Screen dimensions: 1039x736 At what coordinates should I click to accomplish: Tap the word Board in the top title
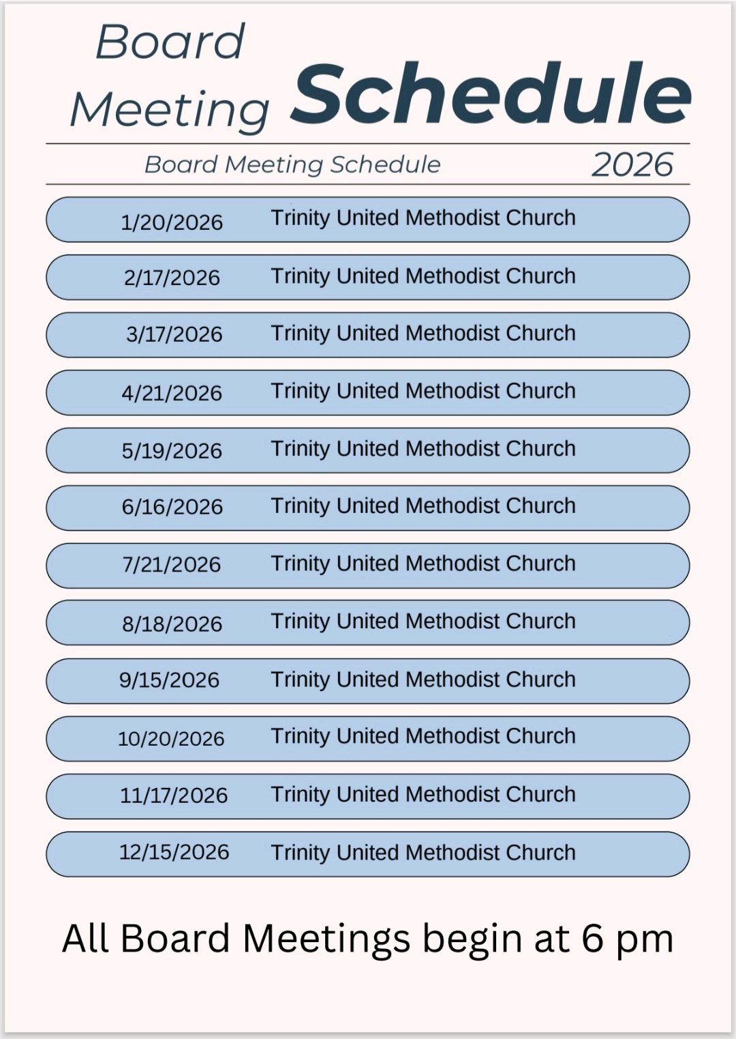tap(170, 42)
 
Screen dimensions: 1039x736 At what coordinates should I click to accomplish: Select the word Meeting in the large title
tap(170, 109)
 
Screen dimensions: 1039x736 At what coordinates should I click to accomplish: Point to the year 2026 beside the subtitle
tap(632, 165)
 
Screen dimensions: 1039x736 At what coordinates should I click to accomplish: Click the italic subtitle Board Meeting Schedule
tap(292, 164)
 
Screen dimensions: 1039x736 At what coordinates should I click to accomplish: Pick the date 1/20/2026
tap(172, 222)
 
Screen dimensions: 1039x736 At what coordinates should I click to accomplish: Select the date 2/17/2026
tap(172, 278)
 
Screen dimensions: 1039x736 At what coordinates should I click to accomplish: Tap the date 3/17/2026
tap(174, 334)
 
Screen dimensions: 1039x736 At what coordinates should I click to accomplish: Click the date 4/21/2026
tap(172, 393)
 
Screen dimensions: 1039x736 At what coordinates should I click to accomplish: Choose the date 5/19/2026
tap(172, 451)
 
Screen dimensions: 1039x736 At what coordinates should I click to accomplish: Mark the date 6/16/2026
tap(172, 507)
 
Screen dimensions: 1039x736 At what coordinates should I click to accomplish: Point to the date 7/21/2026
tap(172, 565)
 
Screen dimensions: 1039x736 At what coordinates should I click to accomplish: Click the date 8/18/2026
tap(172, 624)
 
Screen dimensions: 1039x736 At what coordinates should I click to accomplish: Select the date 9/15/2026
tap(169, 680)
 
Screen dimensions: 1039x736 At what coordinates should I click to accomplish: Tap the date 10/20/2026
tap(171, 739)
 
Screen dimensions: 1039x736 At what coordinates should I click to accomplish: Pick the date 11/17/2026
tap(174, 795)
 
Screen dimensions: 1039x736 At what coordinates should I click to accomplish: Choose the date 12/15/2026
tap(174, 852)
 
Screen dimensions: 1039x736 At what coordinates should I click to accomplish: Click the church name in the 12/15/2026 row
tap(423, 853)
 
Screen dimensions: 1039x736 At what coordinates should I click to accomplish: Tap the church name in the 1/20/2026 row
tap(423, 218)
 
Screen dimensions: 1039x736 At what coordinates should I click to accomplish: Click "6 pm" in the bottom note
tap(627, 939)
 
